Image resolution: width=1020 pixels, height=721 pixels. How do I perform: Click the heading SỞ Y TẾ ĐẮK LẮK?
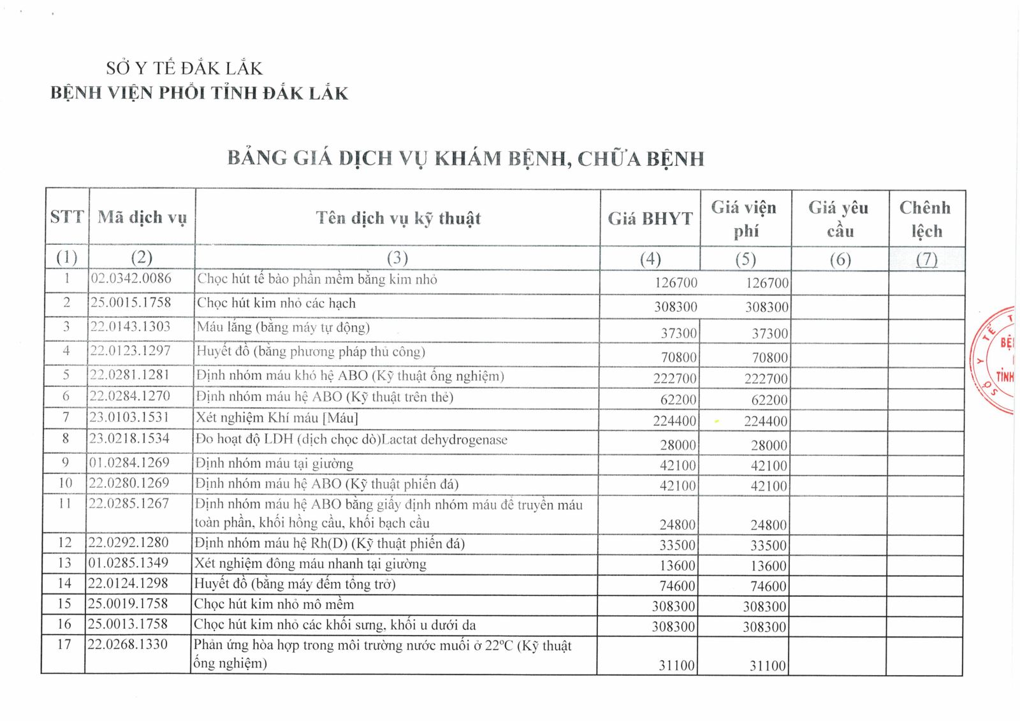click(x=184, y=68)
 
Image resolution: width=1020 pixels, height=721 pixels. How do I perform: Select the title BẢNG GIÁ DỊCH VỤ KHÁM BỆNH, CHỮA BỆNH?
click(x=466, y=158)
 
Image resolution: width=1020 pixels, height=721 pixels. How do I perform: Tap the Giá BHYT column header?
click(x=650, y=219)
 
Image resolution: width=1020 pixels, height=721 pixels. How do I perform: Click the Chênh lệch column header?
click(x=925, y=219)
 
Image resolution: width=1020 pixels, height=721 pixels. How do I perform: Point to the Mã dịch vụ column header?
click(x=142, y=217)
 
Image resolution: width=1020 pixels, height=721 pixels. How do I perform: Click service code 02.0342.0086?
click(x=131, y=279)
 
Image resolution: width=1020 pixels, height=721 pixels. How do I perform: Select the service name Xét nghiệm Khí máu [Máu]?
click(x=277, y=418)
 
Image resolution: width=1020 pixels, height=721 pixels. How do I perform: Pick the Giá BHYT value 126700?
click(x=676, y=283)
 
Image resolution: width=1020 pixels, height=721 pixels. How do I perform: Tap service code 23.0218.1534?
click(x=129, y=439)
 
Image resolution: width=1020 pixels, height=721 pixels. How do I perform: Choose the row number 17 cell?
click(x=64, y=645)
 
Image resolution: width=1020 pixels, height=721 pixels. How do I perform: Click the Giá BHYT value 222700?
click(x=675, y=379)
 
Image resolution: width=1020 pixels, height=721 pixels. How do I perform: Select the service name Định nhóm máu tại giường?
click(x=274, y=463)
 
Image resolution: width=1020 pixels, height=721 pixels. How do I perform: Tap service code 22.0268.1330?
click(x=127, y=645)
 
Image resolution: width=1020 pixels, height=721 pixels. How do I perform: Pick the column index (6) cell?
click(x=840, y=259)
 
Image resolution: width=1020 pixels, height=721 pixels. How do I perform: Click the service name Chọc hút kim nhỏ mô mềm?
click(x=273, y=604)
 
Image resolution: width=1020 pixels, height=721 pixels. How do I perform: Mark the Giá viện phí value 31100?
click(x=768, y=666)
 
